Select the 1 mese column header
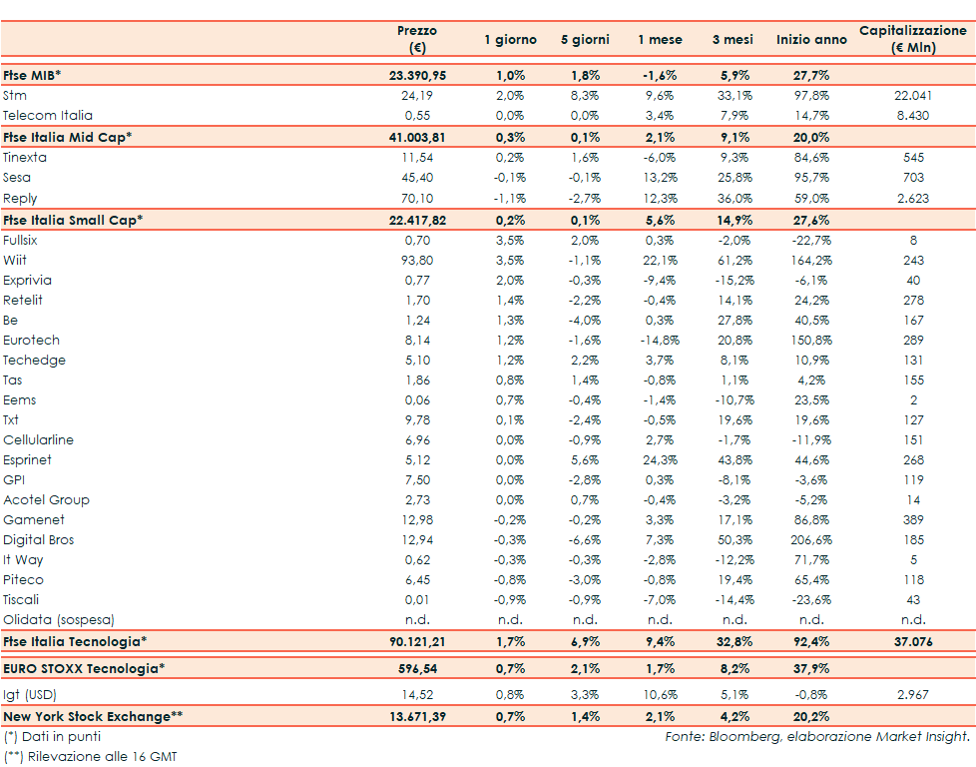click(x=660, y=40)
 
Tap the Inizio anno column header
click(x=811, y=40)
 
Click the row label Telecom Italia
click(x=47, y=116)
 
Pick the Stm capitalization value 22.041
click(x=913, y=96)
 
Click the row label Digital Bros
click(x=39, y=540)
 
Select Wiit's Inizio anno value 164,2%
click(x=810, y=261)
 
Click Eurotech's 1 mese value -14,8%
click(x=660, y=341)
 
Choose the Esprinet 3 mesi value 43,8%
click(x=735, y=460)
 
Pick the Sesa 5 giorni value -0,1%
click(x=585, y=178)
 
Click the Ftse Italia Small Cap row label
click(x=73, y=220)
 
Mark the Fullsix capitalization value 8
click(x=913, y=241)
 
